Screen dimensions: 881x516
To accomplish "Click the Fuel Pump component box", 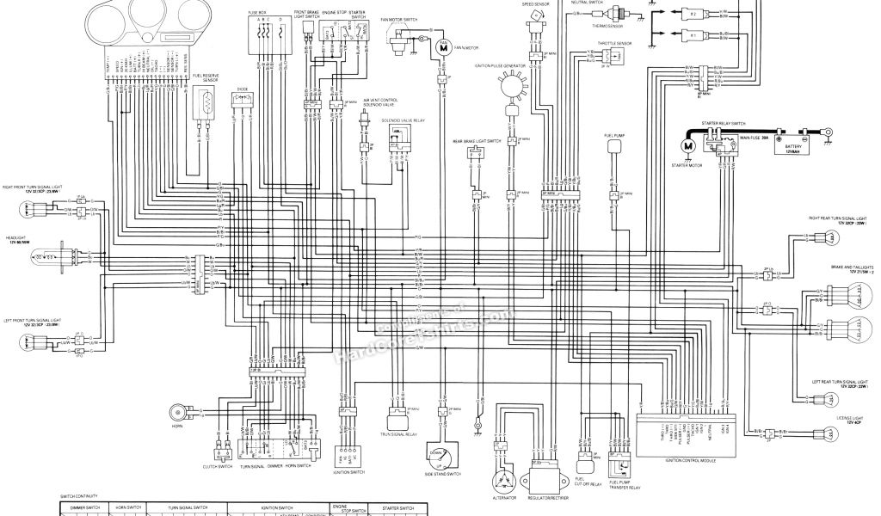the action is tap(614, 147).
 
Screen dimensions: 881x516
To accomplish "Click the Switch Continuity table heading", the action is tap(79, 496).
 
